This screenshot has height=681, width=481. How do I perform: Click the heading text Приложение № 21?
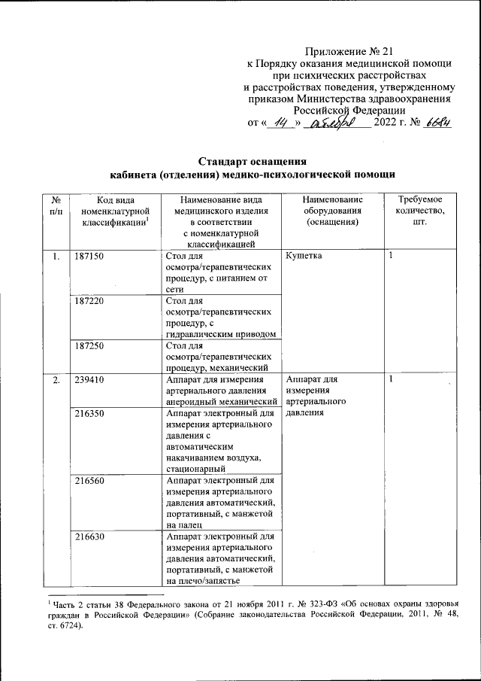click(x=349, y=51)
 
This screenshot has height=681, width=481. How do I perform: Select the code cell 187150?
click(x=89, y=257)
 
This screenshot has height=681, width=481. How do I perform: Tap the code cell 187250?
click(x=89, y=346)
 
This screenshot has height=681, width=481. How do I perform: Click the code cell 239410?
click(x=89, y=380)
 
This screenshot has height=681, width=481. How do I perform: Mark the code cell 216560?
click(x=89, y=479)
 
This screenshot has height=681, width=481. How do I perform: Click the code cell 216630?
click(x=89, y=536)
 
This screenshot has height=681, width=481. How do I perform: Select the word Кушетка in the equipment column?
click(x=305, y=257)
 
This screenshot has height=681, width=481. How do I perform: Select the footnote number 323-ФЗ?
click(x=300, y=602)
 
